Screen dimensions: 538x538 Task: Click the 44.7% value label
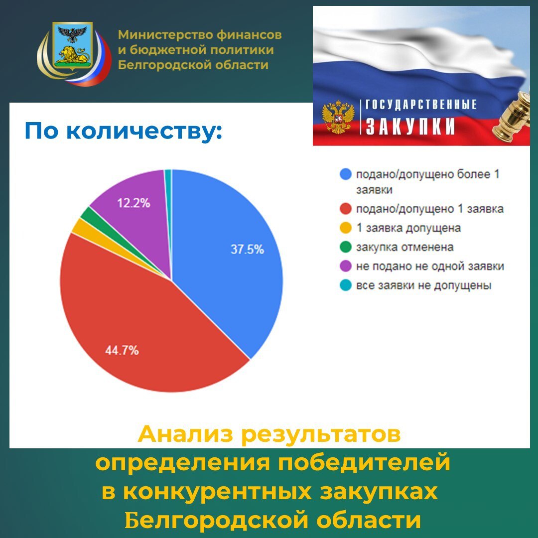(122, 350)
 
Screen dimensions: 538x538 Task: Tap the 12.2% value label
(134, 203)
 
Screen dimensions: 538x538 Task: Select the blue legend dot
(345, 174)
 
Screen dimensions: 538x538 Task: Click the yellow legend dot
(345, 228)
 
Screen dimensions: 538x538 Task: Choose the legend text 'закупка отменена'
(404, 247)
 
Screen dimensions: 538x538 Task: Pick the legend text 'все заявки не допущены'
(424, 285)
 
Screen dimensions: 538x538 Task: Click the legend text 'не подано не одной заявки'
(430, 267)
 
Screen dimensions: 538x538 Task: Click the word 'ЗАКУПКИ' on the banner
(410, 127)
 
